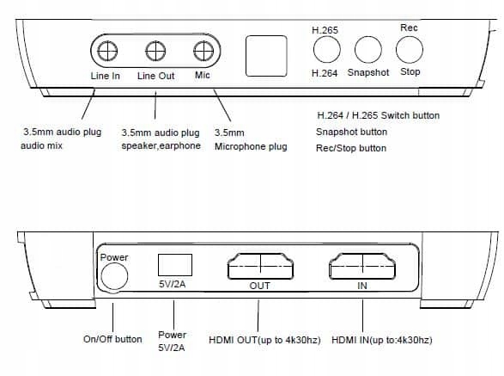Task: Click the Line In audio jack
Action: point(107,51)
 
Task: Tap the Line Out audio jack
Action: point(155,51)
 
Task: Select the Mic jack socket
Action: point(203,51)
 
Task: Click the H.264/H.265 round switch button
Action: point(327,49)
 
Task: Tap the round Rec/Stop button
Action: point(410,49)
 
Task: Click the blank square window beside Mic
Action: point(266,56)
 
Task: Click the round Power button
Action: point(114,276)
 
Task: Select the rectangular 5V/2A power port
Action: point(175,265)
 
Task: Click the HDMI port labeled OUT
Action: point(260,266)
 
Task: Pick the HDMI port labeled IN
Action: point(362,266)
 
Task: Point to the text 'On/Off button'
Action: point(112,339)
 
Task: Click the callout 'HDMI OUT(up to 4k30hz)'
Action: point(264,340)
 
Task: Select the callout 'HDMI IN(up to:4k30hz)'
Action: point(382,340)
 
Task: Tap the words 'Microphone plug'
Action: point(251,146)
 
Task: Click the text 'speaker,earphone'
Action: point(161,145)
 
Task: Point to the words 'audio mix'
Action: point(41,145)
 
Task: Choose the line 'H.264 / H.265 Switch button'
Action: point(379,115)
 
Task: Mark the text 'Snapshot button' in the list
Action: point(351,132)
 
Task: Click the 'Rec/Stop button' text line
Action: point(351,148)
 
